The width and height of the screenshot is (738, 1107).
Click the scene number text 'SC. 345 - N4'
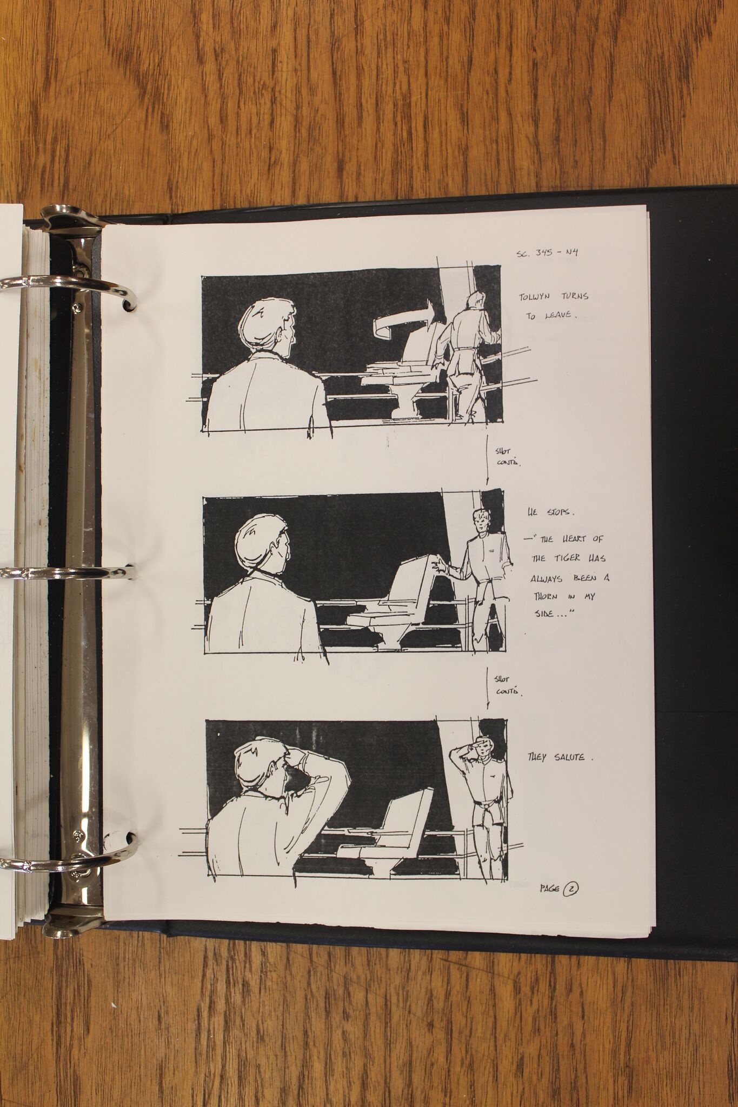pos(547,254)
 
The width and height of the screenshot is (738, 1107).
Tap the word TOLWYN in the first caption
pos(538,297)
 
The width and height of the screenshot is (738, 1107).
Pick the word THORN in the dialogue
pos(548,596)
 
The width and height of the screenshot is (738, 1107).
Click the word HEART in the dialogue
pos(575,539)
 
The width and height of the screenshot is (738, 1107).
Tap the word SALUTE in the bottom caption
pos(569,757)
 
